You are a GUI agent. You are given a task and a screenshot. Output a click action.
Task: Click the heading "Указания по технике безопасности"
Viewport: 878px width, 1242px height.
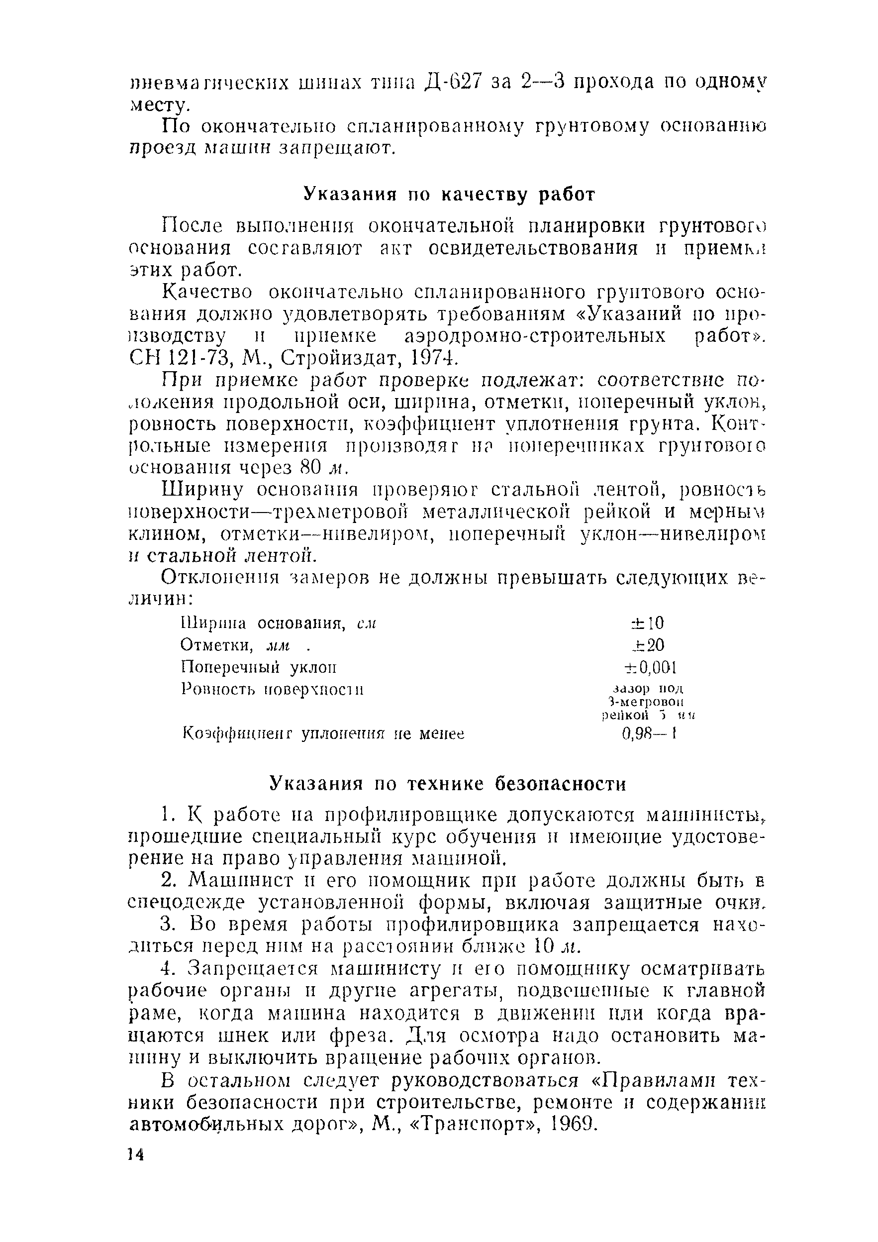(448, 784)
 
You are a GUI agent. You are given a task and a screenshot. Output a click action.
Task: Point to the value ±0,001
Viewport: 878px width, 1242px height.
(650, 667)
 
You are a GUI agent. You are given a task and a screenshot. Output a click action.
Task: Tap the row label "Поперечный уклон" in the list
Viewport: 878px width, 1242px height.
(259, 667)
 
